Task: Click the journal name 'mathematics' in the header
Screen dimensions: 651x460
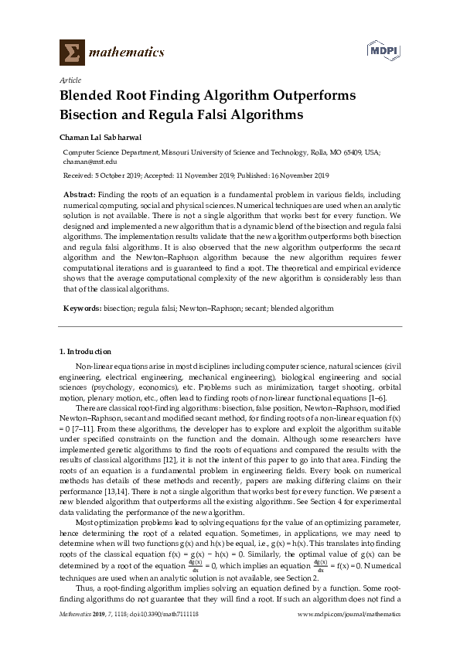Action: click(x=125, y=53)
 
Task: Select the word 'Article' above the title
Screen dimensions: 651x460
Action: click(x=70, y=80)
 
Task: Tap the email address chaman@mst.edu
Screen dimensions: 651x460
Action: click(x=90, y=162)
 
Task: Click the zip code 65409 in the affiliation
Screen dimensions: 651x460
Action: click(x=353, y=154)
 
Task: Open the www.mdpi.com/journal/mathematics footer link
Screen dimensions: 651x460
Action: click(x=349, y=635)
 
